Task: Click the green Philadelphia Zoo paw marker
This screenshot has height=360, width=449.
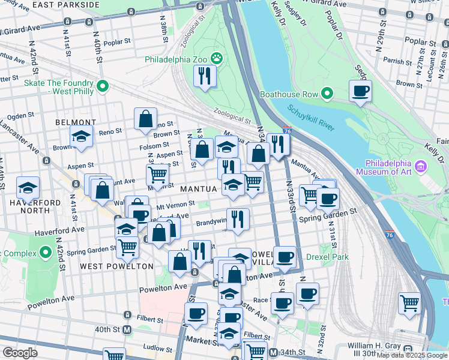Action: (x=217, y=59)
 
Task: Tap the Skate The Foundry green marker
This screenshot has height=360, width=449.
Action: (x=103, y=87)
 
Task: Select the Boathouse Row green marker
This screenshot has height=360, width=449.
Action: (x=327, y=94)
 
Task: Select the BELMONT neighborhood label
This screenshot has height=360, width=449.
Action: (x=76, y=122)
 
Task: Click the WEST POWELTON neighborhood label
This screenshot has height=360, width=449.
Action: (x=109, y=266)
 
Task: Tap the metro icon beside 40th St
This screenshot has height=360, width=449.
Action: (x=127, y=329)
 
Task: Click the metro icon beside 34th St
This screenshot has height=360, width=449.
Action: (x=274, y=352)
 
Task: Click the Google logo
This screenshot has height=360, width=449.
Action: (x=20, y=353)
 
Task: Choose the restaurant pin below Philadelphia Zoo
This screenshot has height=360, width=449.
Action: (x=205, y=76)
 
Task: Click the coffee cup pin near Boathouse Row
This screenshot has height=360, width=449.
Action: (x=360, y=91)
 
